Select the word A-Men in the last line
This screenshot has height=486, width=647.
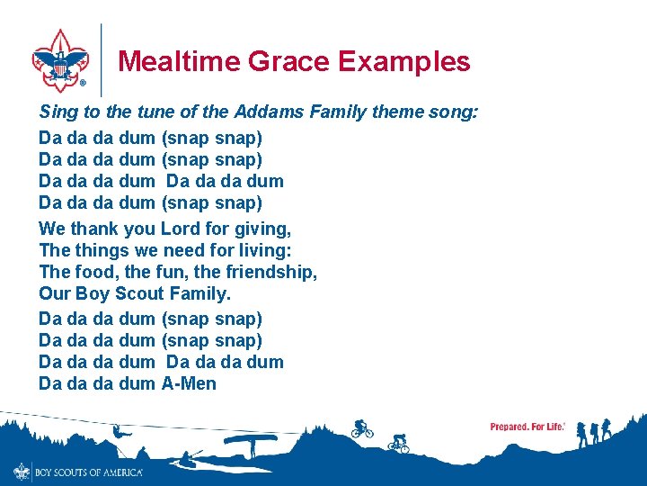tap(189, 384)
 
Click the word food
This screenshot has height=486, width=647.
tap(93, 272)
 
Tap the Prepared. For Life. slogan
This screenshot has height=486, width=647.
tap(527, 427)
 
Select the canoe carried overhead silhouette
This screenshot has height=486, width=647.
tap(250, 441)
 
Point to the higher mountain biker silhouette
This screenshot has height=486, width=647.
tap(362, 428)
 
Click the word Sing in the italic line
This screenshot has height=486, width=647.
tap(56, 112)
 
